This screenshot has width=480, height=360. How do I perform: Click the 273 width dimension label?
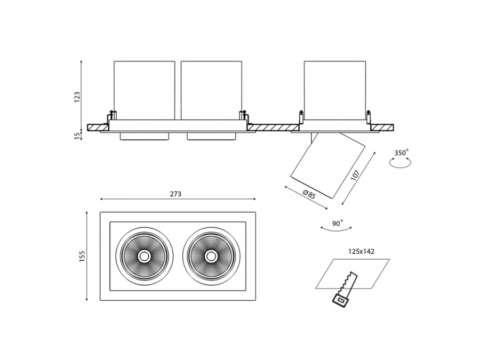click(175, 194)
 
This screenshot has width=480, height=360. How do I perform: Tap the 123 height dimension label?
click(77, 97)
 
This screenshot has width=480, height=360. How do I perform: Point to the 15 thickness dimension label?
click(77, 135)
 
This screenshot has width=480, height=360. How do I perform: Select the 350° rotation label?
click(401, 153)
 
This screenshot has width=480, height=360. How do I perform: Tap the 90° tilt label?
click(337, 223)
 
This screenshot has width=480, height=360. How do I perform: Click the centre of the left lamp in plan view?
click(143, 256)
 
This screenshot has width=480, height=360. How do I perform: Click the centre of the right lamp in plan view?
click(211, 256)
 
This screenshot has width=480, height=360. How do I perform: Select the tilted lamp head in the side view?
click(327, 165)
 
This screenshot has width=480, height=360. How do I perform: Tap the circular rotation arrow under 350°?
click(400, 164)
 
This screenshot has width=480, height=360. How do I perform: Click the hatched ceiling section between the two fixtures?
click(273, 128)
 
